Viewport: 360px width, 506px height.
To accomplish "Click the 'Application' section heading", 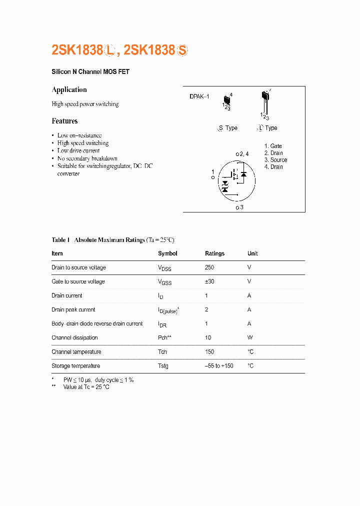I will (x=69, y=90).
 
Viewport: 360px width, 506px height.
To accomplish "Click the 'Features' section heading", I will (x=64, y=121).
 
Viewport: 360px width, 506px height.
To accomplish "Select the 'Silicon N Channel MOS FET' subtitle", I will (x=90, y=72).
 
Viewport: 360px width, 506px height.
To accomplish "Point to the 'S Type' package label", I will (x=227, y=128).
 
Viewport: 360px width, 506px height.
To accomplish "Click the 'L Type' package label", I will (x=267, y=128).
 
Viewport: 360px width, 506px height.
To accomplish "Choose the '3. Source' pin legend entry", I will (x=275, y=160).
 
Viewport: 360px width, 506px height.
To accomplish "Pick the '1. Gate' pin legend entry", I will (x=273, y=146).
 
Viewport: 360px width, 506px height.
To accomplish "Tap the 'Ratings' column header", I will (x=214, y=253).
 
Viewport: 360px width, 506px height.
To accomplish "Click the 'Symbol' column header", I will (x=167, y=253).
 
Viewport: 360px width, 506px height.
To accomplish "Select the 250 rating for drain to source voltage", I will (x=209, y=267).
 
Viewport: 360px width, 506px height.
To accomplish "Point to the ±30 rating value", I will (x=209, y=281).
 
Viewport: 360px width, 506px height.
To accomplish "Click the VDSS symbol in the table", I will (x=164, y=268).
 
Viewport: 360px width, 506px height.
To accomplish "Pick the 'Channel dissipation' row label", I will (x=74, y=337).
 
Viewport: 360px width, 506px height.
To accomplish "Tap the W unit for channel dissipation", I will (x=250, y=337).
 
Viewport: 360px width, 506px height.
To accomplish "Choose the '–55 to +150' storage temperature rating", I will (x=219, y=366).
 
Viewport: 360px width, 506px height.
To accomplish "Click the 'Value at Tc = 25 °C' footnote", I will (x=86, y=387).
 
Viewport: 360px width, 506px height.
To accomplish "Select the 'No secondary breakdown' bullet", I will (x=87, y=158).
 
